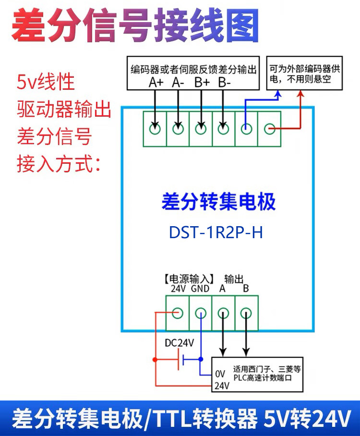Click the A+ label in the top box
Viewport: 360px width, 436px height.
point(156,82)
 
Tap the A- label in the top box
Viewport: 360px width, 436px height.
point(178,82)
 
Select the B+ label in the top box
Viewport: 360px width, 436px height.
point(202,82)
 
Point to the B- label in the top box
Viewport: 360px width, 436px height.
point(224,82)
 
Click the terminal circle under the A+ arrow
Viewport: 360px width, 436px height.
point(155,129)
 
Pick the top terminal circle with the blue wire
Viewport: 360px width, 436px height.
point(247,129)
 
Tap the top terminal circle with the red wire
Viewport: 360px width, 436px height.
point(270,129)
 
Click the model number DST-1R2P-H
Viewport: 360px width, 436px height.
point(216,232)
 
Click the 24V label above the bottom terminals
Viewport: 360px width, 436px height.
point(178,289)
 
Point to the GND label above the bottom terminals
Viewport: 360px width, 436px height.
point(200,289)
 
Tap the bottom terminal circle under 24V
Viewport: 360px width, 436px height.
point(178,314)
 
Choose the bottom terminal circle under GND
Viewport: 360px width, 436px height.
point(201,314)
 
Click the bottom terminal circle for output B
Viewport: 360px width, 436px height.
point(246,314)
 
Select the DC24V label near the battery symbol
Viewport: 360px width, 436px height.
point(180,343)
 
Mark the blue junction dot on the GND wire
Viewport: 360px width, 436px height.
point(201,359)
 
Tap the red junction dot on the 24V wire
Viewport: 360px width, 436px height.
point(155,359)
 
